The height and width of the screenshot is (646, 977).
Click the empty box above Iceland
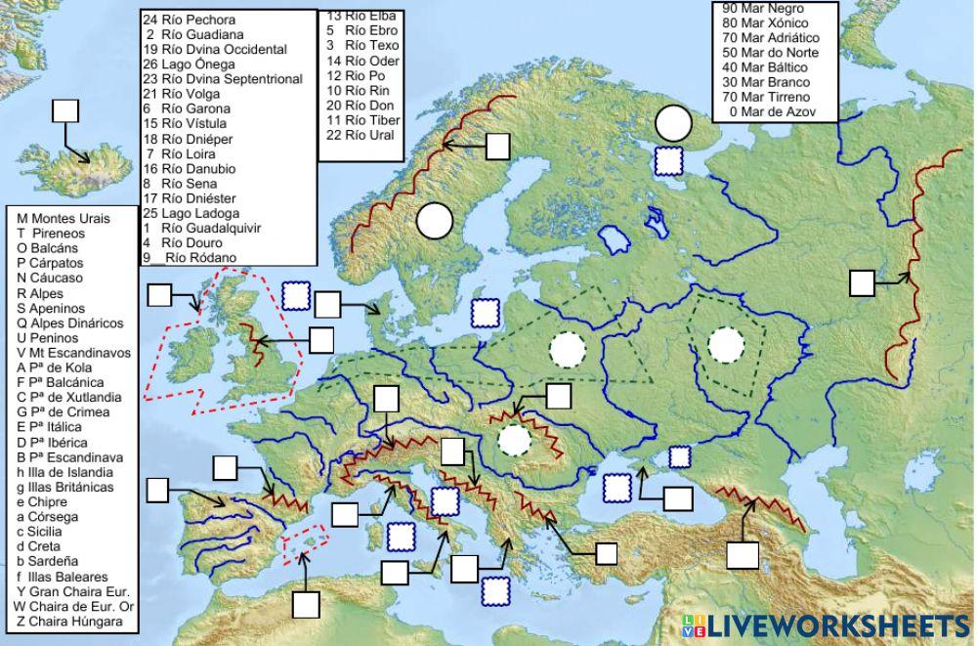[65, 109]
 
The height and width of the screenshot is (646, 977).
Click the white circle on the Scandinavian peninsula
[434, 221]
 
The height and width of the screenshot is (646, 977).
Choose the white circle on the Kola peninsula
[672, 122]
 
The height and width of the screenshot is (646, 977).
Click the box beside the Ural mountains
[862, 283]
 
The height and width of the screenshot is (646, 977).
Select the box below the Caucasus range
[743, 554]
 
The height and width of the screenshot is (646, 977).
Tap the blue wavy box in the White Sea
[669, 160]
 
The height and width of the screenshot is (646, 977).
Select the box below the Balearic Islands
[306, 604]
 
